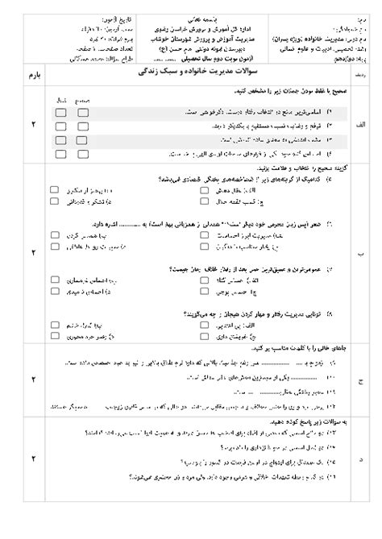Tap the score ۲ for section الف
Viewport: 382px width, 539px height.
[33, 125]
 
